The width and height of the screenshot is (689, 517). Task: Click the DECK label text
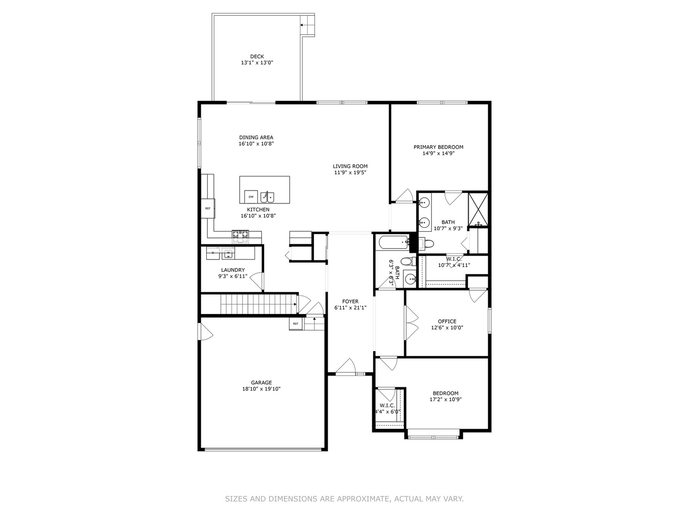(x=257, y=56)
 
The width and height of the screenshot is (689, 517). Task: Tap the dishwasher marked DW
(x=251, y=197)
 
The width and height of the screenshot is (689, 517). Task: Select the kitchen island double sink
(x=267, y=197)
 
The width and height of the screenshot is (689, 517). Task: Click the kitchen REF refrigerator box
(x=208, y=208)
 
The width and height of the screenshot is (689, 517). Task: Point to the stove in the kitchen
(x=240, y=236)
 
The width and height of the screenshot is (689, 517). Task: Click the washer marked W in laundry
(x=228, y=253)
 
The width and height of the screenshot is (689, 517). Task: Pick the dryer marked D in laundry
(x=213, y=253)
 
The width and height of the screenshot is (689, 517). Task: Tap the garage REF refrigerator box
(x=296, y=324)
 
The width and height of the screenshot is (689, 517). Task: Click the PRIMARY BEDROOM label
(x=438, y=147)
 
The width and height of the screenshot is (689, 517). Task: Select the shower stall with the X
(x=478, y=209)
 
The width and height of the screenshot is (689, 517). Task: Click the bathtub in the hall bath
(x=394, y=242)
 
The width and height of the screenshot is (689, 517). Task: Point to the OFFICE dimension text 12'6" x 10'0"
(x=447, y=328)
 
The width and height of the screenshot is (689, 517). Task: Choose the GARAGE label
(x=261, y=382)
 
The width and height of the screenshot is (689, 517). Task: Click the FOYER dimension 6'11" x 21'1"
(x=350, y=308)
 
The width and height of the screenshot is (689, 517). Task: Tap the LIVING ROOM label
(x=350, y=167)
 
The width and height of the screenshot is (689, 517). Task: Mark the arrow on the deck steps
(x=303, y=25)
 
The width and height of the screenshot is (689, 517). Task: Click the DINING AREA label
(x=256, y=137)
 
